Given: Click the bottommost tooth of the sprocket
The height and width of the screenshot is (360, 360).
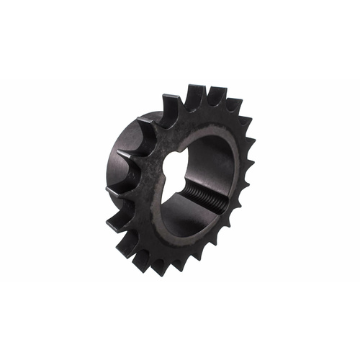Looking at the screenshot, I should (154, 268).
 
